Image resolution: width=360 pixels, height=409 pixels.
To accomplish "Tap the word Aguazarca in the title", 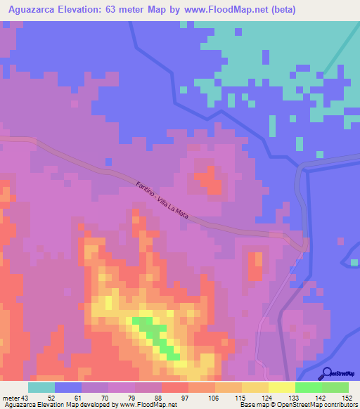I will point(33,10).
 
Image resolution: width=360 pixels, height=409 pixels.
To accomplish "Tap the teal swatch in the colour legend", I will point(41,387).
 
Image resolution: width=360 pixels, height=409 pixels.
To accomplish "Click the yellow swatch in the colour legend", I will point(282,387).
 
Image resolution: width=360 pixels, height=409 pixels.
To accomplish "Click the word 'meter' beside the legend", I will point(12,398).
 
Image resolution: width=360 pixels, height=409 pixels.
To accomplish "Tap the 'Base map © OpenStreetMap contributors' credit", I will point(297,405).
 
